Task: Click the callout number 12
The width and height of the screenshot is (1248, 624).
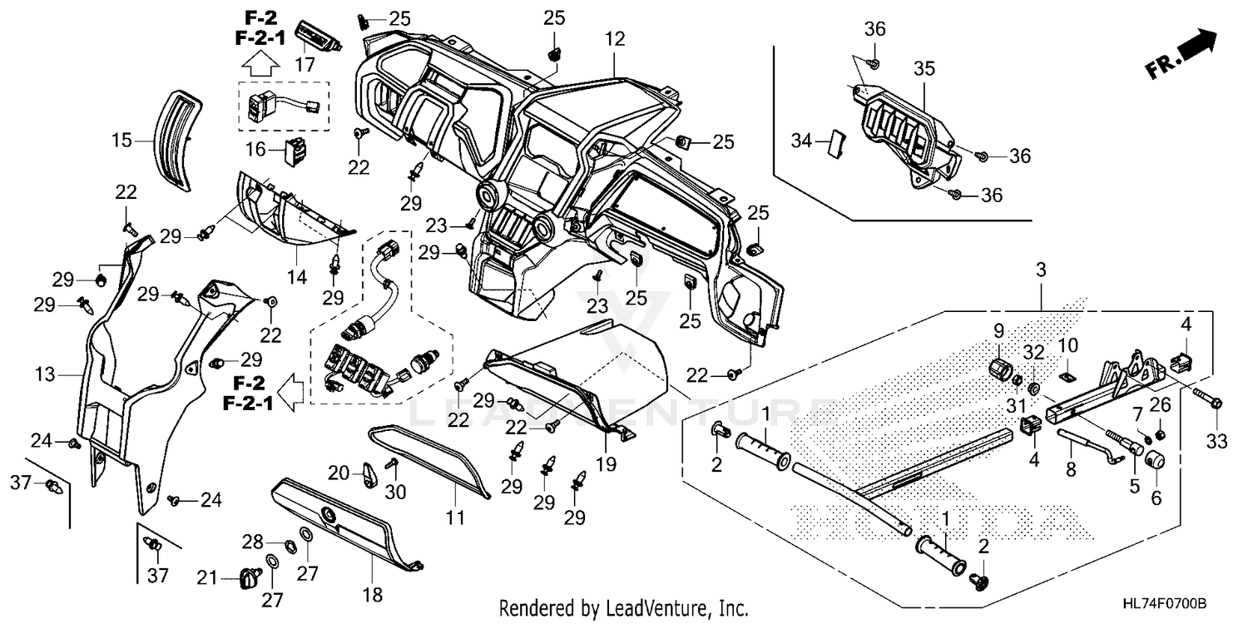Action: click(615, 39)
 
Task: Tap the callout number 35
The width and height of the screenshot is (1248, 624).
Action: click(924, 69)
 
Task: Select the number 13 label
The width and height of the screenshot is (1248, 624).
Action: click(45, 374)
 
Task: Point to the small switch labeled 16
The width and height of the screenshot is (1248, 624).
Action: click(296, 151)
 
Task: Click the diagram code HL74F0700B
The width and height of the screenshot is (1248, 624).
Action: click(1166, 604)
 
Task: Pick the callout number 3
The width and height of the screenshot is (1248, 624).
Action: click(1041, 270)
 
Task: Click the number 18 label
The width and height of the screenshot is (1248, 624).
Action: click(373, 595)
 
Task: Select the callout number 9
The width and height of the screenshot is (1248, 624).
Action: click(999, 331)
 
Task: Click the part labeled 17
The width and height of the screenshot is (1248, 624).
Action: click(318, 37)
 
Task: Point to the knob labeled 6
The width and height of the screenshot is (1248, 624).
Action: click(1155, 461)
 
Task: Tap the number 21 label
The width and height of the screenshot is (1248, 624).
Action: click(206, 578)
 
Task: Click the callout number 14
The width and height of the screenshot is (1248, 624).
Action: click(297, 277)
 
